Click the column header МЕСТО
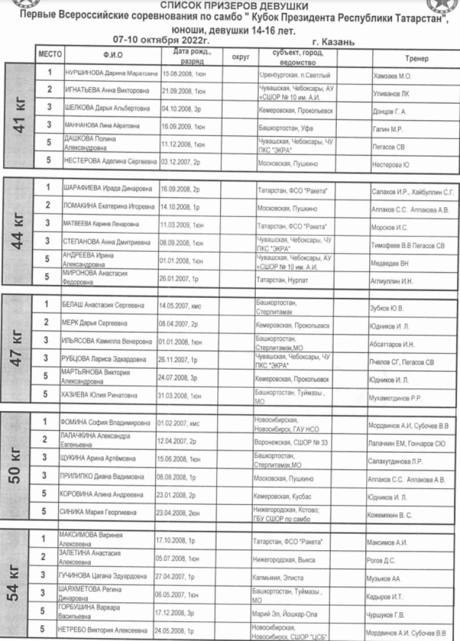click(50, 55)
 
